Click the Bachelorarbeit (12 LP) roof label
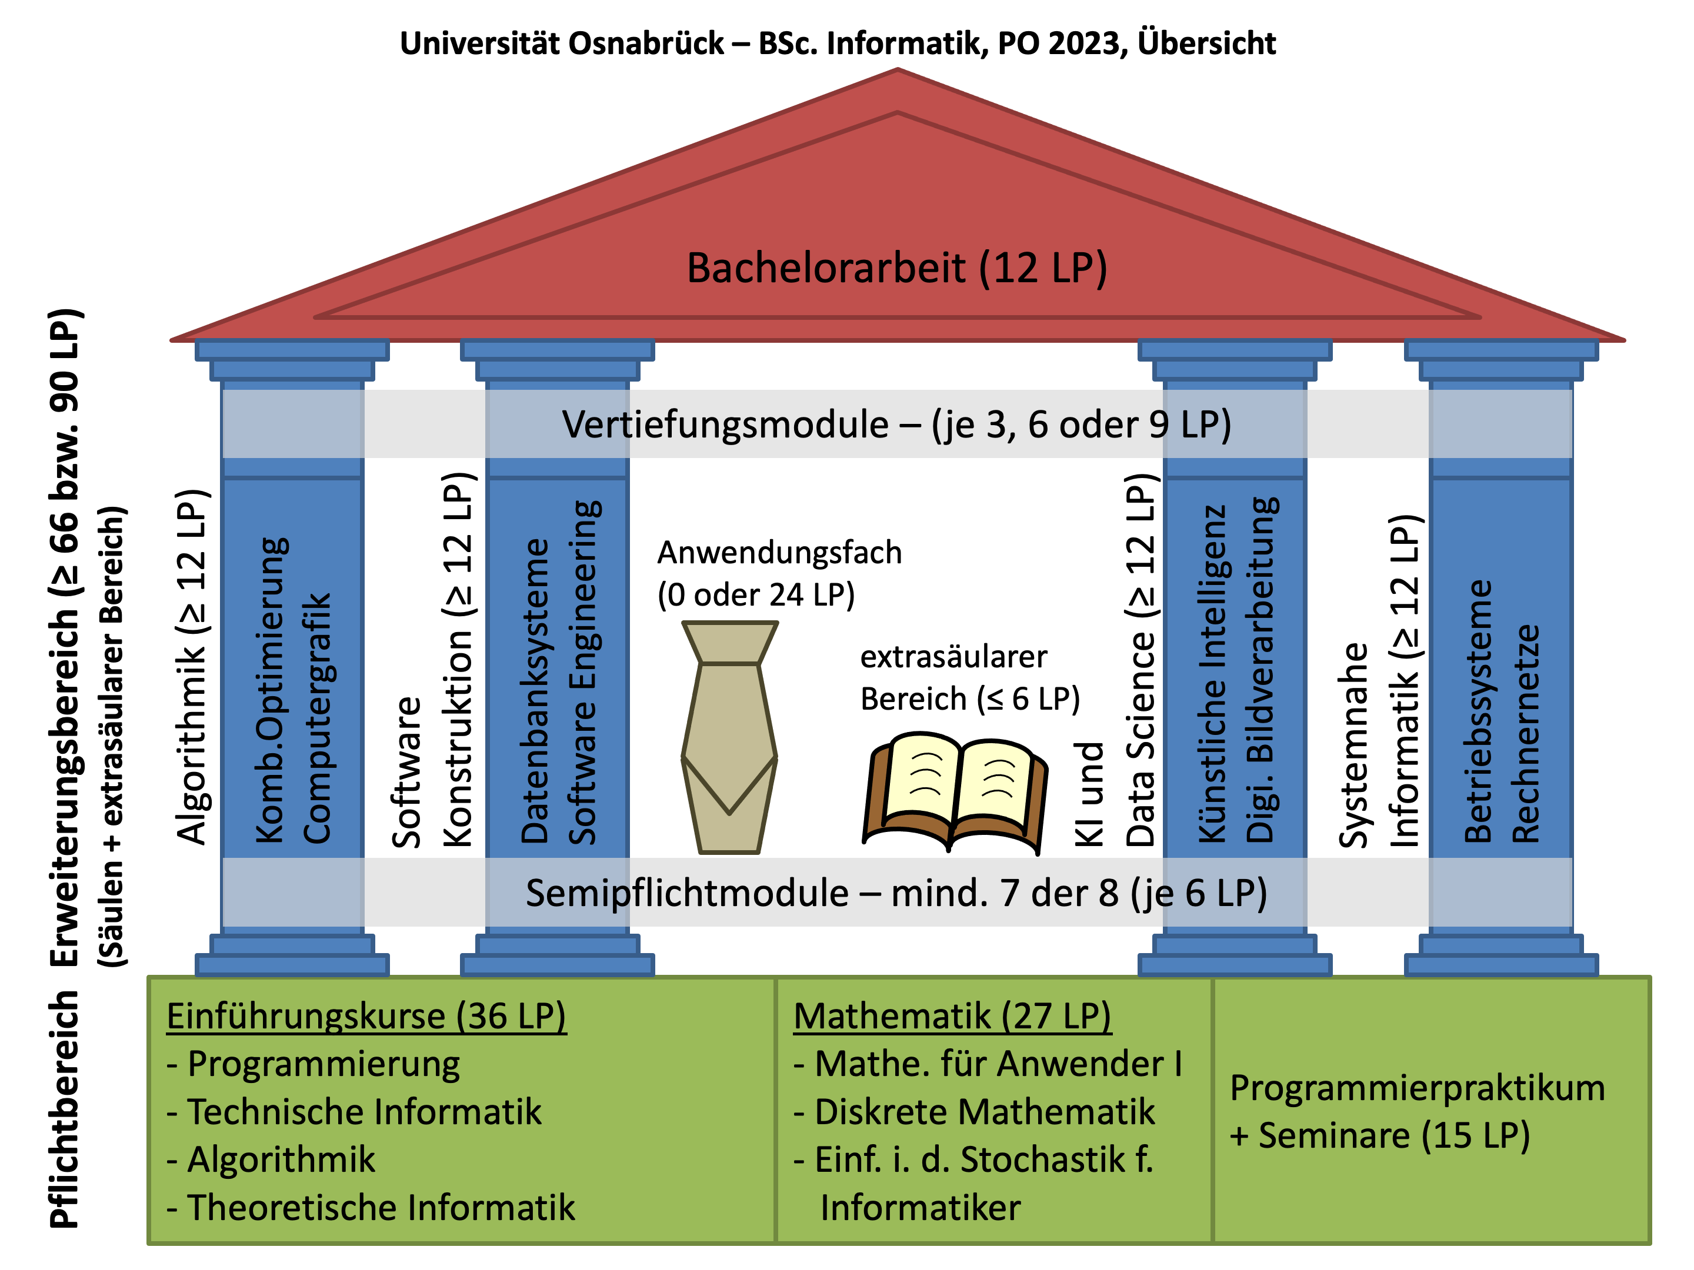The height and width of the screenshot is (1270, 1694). [897, 269]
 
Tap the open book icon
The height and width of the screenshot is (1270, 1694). [955, 793]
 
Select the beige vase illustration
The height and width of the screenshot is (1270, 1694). [729, 737]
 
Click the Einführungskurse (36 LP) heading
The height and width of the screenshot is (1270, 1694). [366, 1017]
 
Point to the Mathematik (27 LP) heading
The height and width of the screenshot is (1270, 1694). [952, 1017]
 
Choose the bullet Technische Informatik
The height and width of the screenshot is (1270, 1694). [354, 1111]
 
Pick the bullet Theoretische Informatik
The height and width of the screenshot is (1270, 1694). [371, 1207]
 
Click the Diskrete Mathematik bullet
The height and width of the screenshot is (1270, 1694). [974, 1111]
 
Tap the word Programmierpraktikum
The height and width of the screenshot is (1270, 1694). [1418, 1088]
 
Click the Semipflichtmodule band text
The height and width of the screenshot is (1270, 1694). [896, 893]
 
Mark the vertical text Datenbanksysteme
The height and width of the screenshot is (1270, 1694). [535, 690]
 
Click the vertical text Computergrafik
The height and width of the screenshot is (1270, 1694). [316, 718]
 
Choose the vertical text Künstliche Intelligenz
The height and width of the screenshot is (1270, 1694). [1212, 674]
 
